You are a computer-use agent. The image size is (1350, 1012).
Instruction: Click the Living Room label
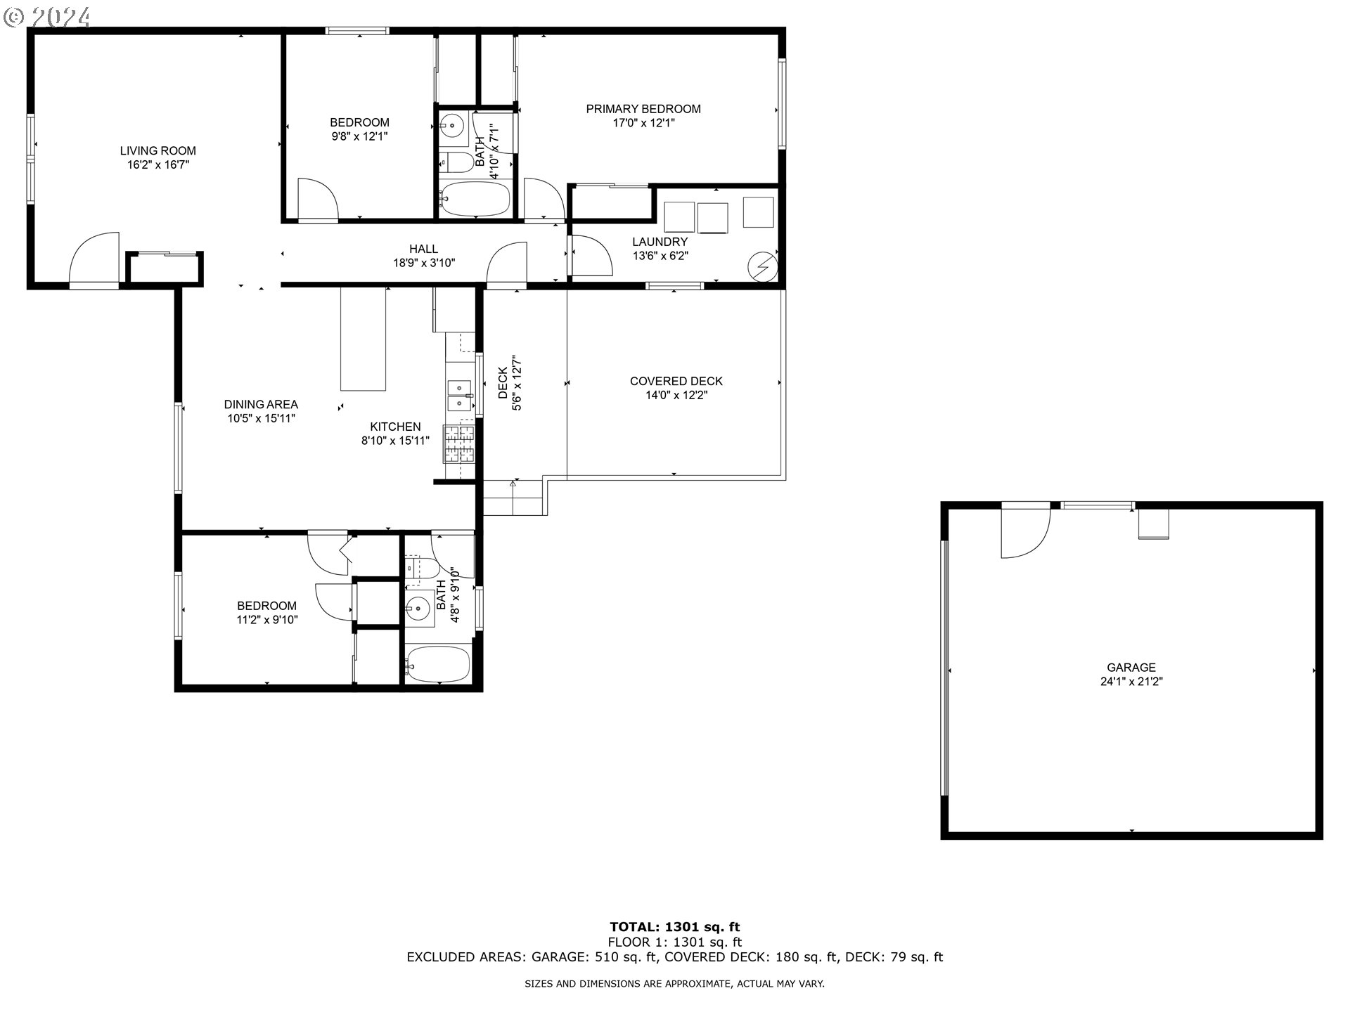[157, 150]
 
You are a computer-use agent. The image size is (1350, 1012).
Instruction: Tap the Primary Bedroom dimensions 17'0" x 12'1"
[643, 123]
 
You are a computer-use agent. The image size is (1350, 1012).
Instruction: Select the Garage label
[1131, 668]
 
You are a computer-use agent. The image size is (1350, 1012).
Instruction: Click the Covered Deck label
[676, 381]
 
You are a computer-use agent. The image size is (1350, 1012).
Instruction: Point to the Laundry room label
[660, 242]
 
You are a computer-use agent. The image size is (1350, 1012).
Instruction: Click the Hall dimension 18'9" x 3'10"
[424, 263]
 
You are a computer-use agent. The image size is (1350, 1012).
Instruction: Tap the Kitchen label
[395, 427]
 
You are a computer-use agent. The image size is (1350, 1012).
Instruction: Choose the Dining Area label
[261, 404]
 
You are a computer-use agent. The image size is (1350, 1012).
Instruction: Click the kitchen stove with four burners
[458, 444]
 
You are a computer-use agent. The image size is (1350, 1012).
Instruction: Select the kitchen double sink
[461, 396]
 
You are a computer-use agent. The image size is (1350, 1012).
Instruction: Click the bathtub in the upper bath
[475, 199]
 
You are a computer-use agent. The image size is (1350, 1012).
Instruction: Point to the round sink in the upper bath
[454, 127]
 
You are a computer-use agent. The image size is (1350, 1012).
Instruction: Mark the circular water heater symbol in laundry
[762, 266]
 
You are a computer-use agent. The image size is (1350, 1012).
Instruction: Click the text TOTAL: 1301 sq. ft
[675, 927]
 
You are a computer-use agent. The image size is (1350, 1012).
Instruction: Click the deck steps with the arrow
[513, 498]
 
